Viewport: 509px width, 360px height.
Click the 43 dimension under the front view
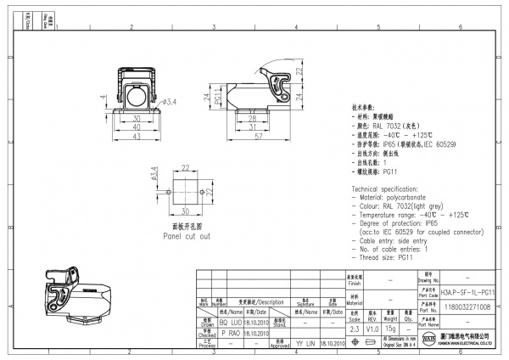pyautogui.click(x=136, y=138)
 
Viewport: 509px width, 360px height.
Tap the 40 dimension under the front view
pyautogui.click(x=136, y=129)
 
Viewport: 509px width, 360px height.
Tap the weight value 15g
pyautogui.click(x=390, y=327)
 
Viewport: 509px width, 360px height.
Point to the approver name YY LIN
pyautogui.click(x=304, y=345)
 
